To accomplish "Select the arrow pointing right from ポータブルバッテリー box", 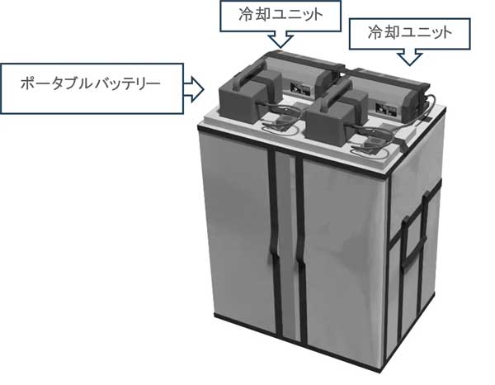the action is [194, 89].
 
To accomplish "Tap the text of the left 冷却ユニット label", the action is [280, 15].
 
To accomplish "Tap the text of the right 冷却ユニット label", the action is [410, 32].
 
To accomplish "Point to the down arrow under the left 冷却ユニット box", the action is [280, 39].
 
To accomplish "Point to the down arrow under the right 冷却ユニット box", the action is [409, 57].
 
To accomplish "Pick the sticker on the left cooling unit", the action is [300, 88].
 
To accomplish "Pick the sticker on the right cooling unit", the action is [386, 108].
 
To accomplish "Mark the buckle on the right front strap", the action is [300, 259].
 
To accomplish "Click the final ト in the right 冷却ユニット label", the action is [445, 33].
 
